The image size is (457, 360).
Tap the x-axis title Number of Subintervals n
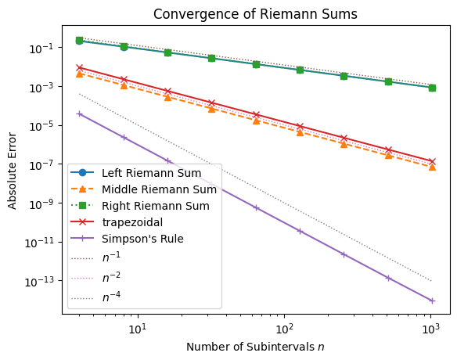pyautogui.click(x=257, y=345)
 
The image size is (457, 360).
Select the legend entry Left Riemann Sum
pyautogui.click(x=151, y=172)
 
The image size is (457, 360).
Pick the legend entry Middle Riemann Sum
pyautogui.click(x=159, y=189)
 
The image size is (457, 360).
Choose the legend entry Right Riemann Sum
pyautogui.click(x=156, y=206)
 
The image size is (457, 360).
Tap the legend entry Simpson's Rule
pyautogui.click(x=142, y=239)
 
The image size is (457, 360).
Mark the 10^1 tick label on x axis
pyautogui.click(x=137, y=326)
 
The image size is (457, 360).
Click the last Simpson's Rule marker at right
pyautogui.click(x=432, y=301)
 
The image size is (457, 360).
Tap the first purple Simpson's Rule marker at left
pyautogui.click(x=79, y=113)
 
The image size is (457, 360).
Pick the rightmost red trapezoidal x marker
pyautogui.click(x=432, y=161)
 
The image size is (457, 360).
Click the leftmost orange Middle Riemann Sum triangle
pyautogui.click(x=79, y=74)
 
